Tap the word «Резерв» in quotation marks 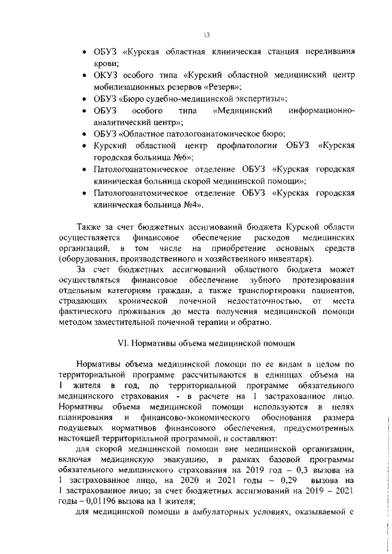220,88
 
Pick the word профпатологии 247,146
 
